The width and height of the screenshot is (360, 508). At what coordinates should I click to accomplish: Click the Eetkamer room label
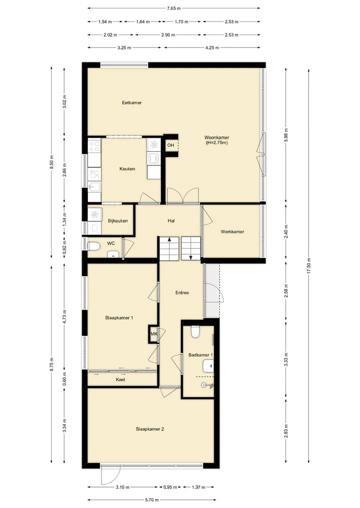pos(131,103)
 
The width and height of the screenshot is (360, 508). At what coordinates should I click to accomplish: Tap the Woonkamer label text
pos(216,138)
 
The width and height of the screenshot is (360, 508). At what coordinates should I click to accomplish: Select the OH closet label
pos(170,145)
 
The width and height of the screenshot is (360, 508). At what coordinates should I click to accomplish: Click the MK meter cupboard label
pos(154,334)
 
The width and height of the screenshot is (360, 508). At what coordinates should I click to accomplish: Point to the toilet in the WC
pos(93,247)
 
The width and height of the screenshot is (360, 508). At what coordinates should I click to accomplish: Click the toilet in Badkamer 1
pos(195,332)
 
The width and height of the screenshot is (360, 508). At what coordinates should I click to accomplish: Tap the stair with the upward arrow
pos(169,248)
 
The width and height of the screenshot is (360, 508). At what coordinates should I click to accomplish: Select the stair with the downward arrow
pos(190,248)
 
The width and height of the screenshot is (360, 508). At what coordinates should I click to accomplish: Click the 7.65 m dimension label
pos(174,8)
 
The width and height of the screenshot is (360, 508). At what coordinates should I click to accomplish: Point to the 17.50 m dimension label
pos(309,266)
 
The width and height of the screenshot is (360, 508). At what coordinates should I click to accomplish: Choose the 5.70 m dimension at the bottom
pos(152,500)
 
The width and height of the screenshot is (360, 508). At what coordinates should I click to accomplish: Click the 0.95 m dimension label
pos(170,487)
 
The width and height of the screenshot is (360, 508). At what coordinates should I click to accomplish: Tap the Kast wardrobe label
pos(120,380)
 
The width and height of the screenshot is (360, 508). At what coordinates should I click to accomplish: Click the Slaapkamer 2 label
pos(150,429)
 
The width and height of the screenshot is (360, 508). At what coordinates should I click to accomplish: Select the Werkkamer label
pos(232,232)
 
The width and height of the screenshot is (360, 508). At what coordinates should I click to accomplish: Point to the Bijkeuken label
pos(117,221)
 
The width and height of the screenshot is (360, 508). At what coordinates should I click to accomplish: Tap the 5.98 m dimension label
pos(285,135)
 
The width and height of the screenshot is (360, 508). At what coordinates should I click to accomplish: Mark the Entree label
pos(182,293)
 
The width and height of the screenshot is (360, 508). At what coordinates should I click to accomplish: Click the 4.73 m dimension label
pos(64,317)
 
